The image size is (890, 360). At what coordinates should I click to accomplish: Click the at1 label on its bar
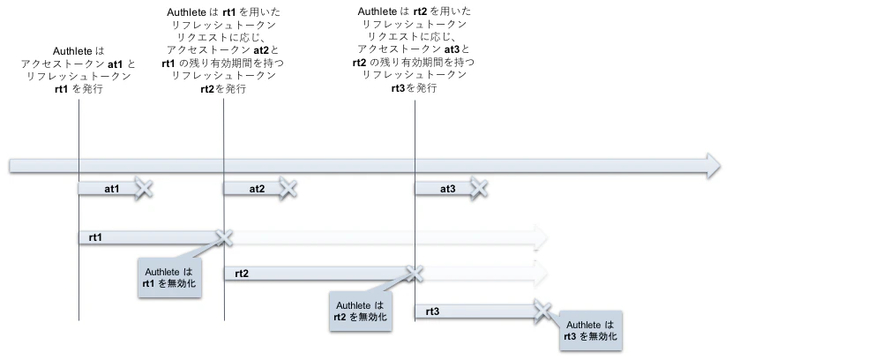[x=112, y=189]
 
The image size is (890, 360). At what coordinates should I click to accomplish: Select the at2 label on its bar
[x=257, y=189]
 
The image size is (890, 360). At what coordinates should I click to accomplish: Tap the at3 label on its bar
[x=447, y=189]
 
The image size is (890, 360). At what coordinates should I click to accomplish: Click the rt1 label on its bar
[x=95, y=237]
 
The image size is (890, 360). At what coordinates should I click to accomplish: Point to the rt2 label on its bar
[x=242, y=274]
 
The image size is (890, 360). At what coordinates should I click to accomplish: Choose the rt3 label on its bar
[x=432, y=311]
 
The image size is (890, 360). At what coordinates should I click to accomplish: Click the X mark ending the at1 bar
[x=144, y=188]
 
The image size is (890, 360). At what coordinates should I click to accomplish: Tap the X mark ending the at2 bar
[x=288, y=188]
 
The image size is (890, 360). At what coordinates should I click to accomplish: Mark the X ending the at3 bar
[x=479, y=188]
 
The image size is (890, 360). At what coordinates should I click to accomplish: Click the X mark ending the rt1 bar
[x=223, y=236]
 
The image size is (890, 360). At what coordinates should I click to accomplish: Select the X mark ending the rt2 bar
[x=411, y=273]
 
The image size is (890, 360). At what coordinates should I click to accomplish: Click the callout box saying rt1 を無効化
[x=168, y=278]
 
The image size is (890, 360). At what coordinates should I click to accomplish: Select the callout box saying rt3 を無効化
[x=591, y=331]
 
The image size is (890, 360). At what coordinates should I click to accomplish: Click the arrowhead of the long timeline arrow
[x=712, y=165]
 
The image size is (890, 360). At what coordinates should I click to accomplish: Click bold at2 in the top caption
[x=261, y=50]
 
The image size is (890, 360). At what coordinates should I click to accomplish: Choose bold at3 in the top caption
[x=452, y=50]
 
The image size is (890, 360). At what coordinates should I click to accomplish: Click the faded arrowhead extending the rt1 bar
[x=540, y=237]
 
